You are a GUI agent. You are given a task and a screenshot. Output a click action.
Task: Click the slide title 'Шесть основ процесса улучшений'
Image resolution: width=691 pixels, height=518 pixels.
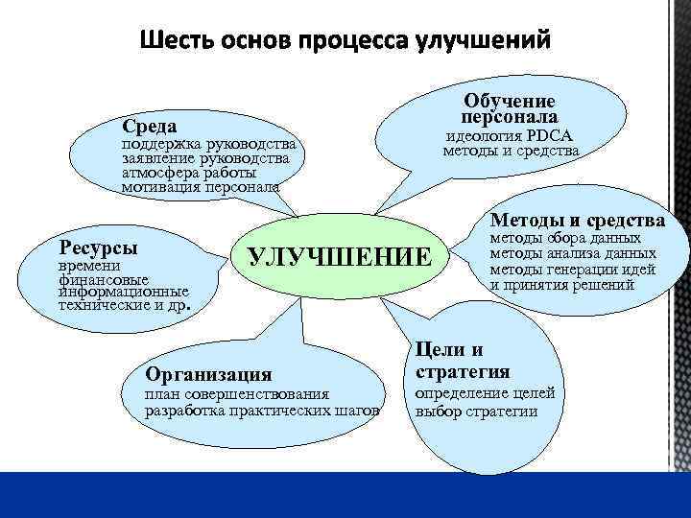345,41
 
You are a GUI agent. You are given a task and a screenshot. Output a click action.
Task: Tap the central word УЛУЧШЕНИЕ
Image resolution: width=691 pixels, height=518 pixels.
341,257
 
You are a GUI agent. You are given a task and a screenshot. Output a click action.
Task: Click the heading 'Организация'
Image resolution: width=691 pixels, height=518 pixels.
206,374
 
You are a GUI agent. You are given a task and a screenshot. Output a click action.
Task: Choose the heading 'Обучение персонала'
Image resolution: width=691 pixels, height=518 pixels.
510,108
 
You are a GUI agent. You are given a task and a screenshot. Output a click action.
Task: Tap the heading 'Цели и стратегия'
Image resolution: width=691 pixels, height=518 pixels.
463,360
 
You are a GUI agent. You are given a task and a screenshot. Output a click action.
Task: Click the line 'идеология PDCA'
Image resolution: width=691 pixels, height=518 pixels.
509,136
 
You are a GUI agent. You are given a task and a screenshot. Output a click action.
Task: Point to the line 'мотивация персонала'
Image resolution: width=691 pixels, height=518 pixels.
200,186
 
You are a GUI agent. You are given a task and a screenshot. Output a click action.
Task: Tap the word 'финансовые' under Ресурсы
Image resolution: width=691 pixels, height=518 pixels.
103,278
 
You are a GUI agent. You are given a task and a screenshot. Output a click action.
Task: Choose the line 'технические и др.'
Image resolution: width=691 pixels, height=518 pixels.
124,305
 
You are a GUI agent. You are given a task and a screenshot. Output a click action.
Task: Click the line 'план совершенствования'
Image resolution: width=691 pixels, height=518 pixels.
236,393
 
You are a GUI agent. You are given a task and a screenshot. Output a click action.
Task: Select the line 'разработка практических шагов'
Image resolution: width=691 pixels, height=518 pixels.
261,410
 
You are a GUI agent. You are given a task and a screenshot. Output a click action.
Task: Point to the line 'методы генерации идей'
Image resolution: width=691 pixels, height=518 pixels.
573,269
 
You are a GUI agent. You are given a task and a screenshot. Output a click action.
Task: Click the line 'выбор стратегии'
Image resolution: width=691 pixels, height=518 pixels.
475,412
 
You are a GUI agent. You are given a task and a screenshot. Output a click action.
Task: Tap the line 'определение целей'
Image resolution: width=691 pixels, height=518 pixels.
484,393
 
